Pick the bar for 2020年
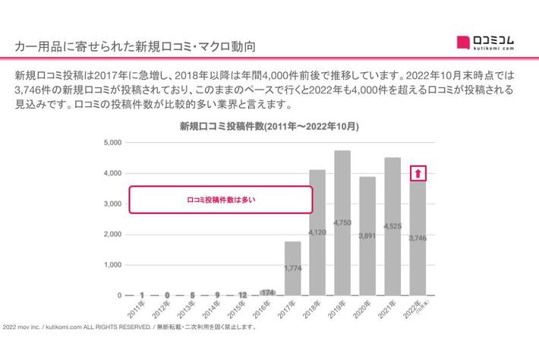pyautogui.click(x=367, y=236)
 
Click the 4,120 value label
pyautogui.click(x=317, y=231)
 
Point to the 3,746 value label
pyautogui.click(x=418, y=238)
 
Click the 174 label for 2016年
pyautogui.click(x=267, y=292)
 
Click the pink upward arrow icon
pyautogui.click(x=418, y=174)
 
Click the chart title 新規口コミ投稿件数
pyautogui.click(x=269, y=126)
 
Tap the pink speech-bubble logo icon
pyautogui.click(x=463, y=41)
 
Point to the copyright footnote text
pyautogui.click(x=129, y=328)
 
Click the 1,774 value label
pyautogui.click(x=292, y=268)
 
